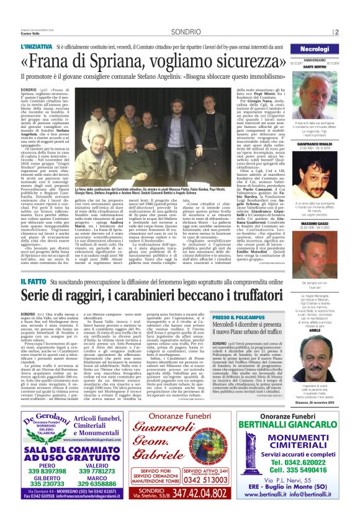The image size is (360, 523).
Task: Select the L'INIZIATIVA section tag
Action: [36, 47]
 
